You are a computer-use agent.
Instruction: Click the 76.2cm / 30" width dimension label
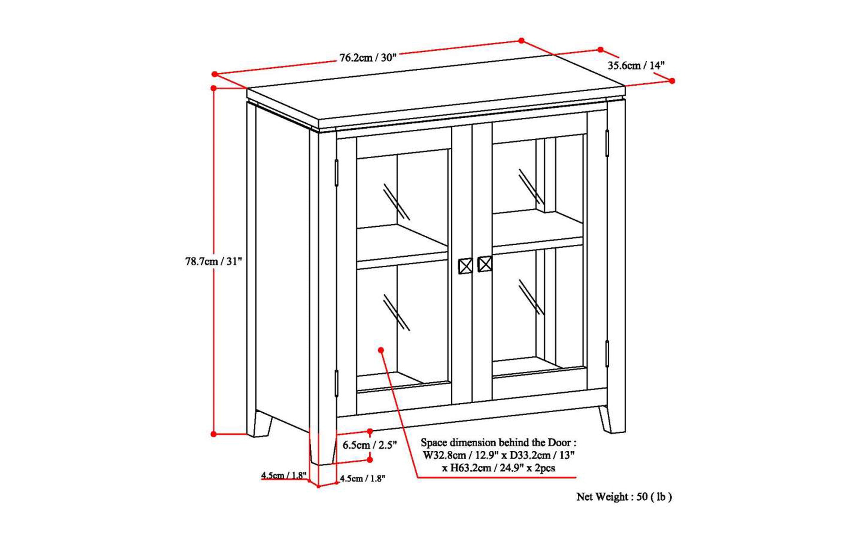tap(368, 58)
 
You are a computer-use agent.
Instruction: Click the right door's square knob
tap(485, 264)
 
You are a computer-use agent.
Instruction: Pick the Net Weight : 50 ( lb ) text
tap(624, 497)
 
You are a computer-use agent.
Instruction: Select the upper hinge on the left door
tap(336, 173)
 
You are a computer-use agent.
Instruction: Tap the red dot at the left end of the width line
tap(215, 74)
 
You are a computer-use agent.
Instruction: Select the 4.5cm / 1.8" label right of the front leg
tap(362, 478)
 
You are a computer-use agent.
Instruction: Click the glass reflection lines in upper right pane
tap(531, 186)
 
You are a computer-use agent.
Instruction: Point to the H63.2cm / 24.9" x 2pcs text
tap(498, 468)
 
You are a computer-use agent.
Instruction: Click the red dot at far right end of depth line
tap(672, 81)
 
